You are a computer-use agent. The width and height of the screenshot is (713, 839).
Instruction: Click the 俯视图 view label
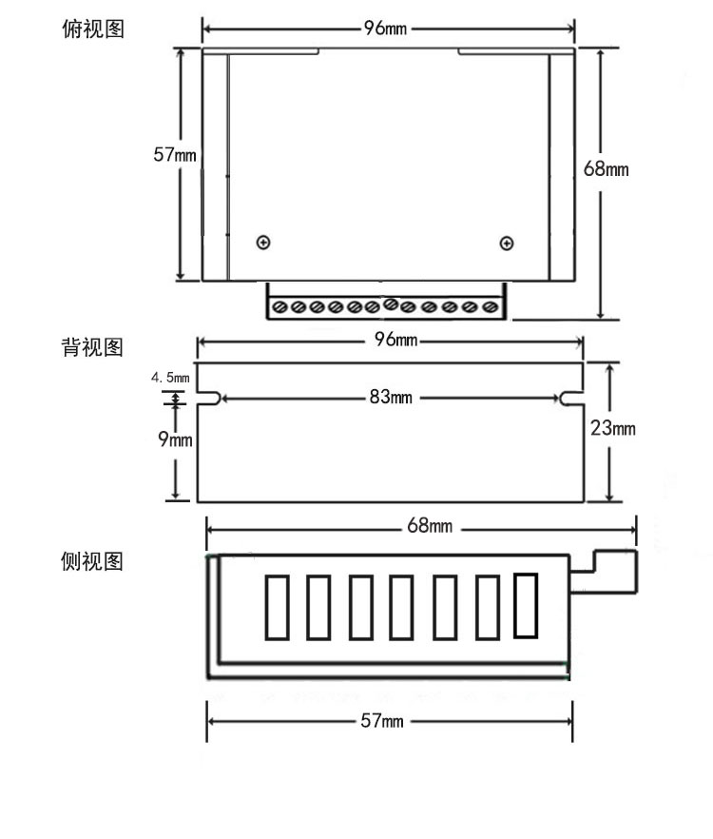(x=92, y=29)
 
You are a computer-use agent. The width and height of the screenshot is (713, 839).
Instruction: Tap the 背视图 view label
(x=92, y=347)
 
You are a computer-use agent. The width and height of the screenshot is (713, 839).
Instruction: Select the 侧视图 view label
(x=92, y=561)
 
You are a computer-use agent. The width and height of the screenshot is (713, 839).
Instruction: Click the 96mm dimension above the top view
(x=385, y=28)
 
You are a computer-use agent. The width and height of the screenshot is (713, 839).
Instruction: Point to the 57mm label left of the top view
(x=175, y=154)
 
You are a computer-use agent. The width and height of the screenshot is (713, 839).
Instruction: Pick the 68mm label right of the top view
(x=606, y=169)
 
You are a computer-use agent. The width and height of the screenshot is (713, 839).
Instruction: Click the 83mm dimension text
(x=391, y=398)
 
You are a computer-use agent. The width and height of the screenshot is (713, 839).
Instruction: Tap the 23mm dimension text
(x=612, y=429)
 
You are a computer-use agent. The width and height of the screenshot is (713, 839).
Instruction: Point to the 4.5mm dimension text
(x=170, y=378)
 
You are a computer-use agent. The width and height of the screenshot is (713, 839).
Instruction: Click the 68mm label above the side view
(x=430, y=526)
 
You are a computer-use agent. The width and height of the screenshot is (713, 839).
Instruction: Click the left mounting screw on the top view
(x=263, y=243)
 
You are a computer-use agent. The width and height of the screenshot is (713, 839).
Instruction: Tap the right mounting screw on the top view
(x=506, y=244)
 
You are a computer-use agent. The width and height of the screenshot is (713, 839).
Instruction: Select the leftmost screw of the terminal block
(x=280, y=307)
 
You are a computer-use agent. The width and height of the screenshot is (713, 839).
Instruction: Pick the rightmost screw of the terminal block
(x=491, y=307)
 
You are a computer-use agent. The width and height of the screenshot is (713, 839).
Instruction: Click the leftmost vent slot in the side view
(x=276, y=607)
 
